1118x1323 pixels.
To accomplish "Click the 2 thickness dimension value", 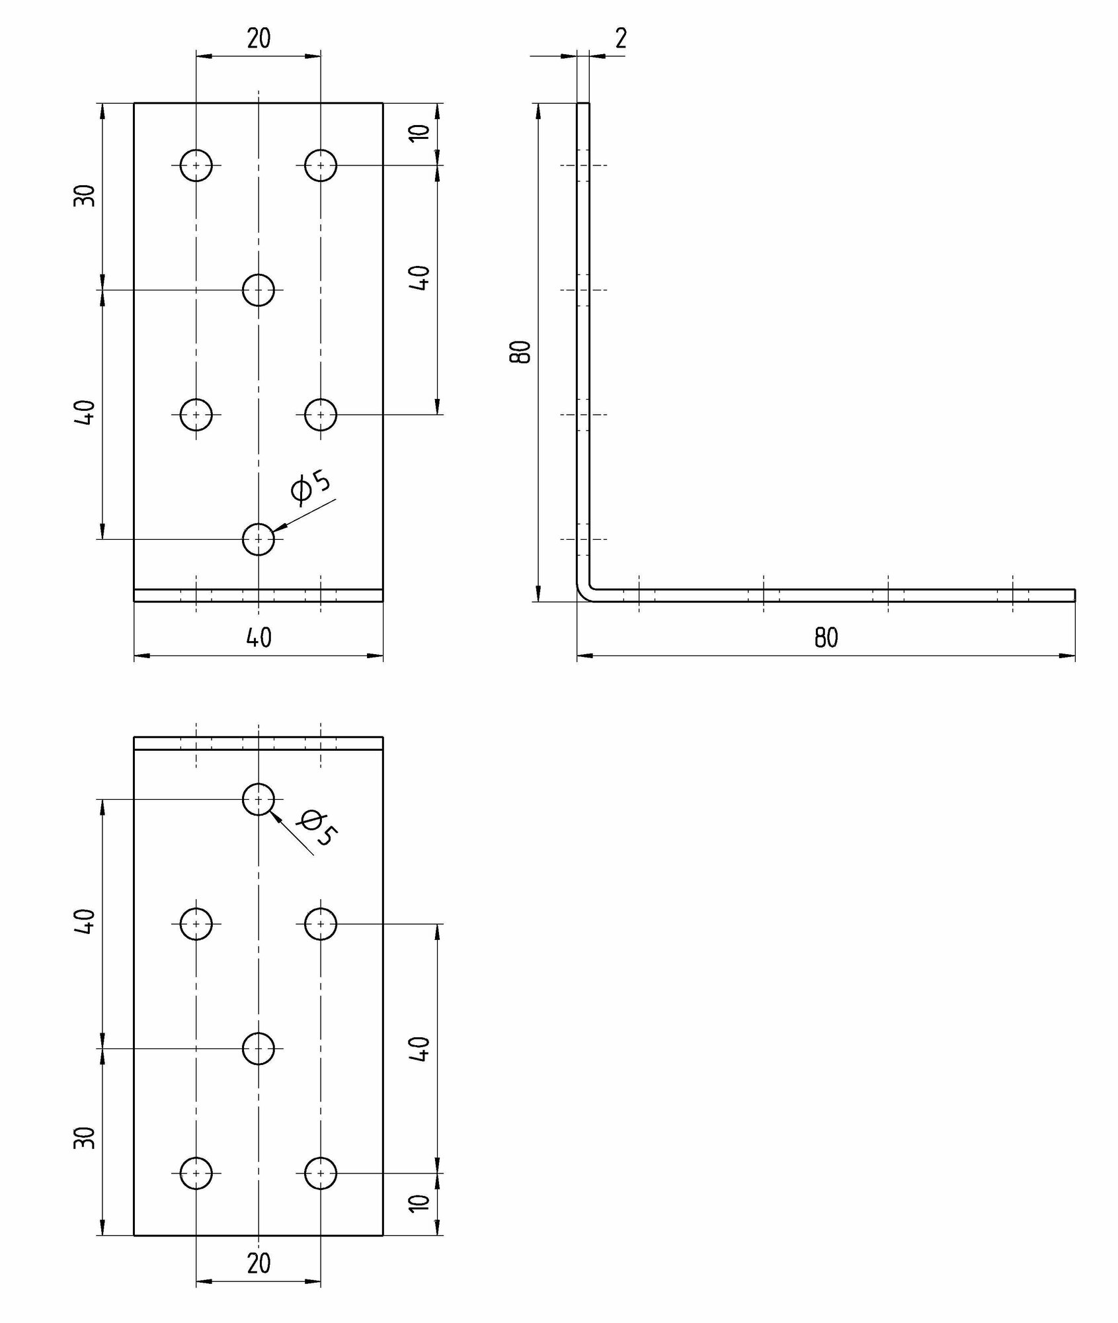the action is (620, 40).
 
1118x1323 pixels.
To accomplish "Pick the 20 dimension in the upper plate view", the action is (259, 40).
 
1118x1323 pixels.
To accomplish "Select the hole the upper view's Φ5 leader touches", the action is (259, 540).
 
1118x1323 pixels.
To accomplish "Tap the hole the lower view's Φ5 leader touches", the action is (259, 800).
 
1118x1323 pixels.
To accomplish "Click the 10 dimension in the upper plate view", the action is (420, 132).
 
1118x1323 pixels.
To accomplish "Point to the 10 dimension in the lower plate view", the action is (420, 1203).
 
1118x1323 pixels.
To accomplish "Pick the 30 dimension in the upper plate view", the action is (85, 196).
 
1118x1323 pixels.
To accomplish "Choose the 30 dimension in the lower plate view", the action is (85, 1138).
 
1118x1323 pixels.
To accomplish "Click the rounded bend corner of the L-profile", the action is (583, 593).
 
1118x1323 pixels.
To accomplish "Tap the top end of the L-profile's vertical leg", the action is (583, 105).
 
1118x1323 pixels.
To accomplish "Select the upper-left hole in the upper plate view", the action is (196, 165).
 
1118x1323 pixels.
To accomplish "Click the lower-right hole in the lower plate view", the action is (321, 1173).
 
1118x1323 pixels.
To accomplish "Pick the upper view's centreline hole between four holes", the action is (259, 290).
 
